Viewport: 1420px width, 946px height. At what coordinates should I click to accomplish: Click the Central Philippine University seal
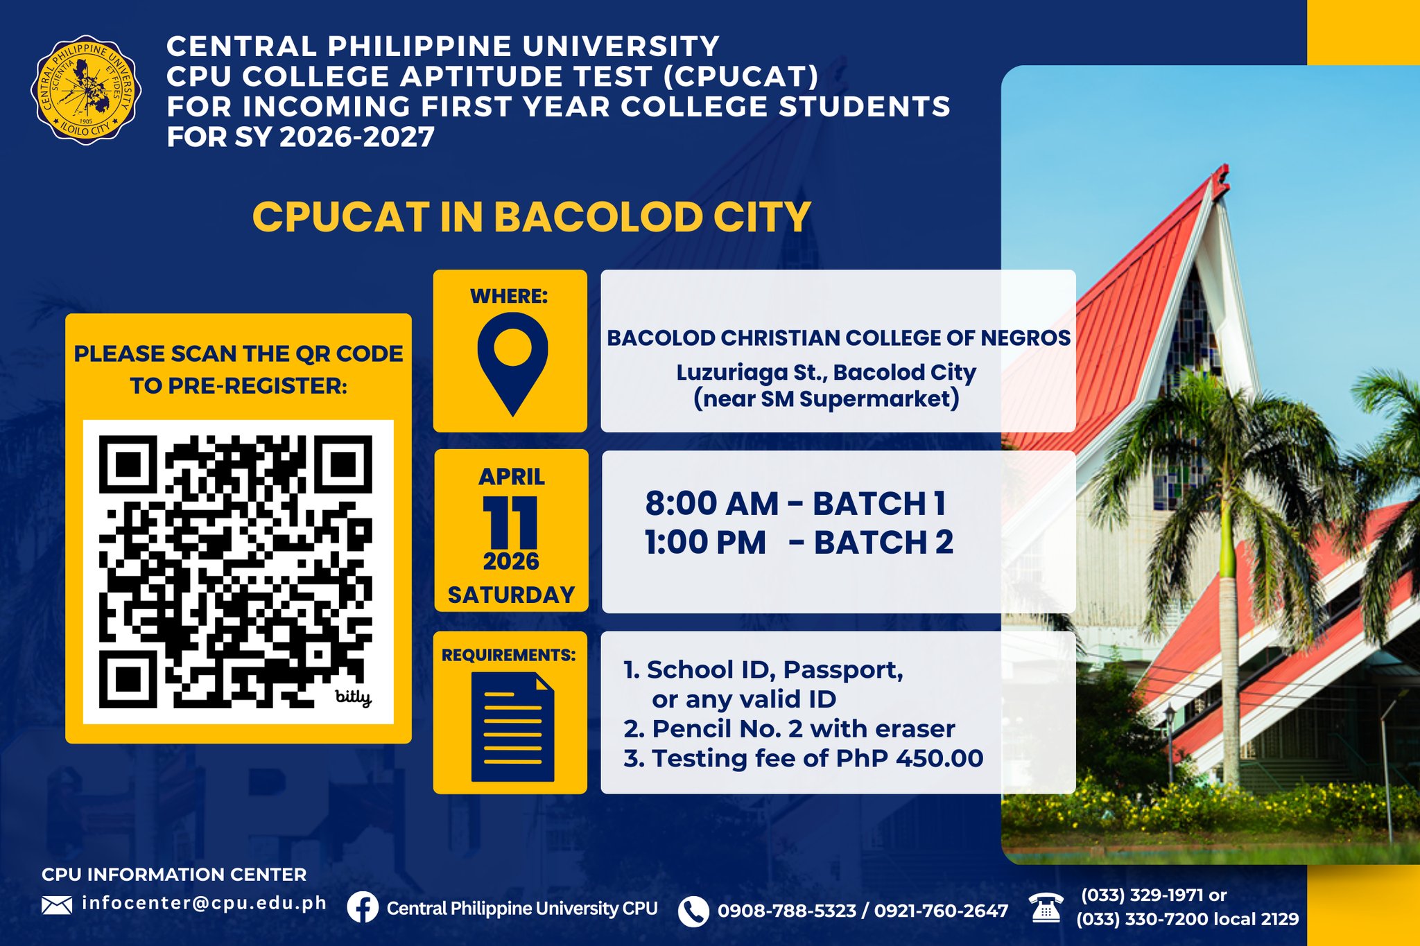click(x=86, y=89)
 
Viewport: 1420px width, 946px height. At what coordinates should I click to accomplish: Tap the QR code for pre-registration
click(x=236, y=572)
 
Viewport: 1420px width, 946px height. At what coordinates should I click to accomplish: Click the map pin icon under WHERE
click(x=512, y=364)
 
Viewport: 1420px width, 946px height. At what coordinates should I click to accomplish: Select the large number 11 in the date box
click(x=510, y=523)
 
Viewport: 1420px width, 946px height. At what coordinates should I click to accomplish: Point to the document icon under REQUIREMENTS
click(x=512, y=727)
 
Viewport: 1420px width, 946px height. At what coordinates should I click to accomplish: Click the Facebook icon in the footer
click(x=363, y=907)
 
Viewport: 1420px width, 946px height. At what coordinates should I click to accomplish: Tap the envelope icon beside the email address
click(x=57, y=905)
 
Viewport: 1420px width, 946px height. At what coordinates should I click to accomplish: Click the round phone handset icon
click(x=693, y=911)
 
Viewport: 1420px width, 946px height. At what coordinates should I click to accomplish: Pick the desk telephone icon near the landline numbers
click(x=1046, y=908)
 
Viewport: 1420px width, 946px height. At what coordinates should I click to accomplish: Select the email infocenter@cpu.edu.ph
click(x=205, y=903)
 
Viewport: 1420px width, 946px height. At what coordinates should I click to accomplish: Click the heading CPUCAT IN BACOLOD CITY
click(x=532, y=217)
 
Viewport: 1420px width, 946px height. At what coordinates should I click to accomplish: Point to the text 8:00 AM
click(x=712, y=504)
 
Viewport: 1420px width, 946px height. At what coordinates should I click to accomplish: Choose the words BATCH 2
click(x=884, y=543)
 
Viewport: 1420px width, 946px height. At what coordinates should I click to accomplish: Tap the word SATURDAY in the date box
click(x=512, y=595)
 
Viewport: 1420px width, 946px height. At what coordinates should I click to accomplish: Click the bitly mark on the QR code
click(x=354, y=697)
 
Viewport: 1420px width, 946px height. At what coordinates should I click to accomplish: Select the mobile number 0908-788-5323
click(x=787, y=911)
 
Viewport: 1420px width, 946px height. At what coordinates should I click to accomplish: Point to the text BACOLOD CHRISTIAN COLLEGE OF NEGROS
click(x=839, y=338)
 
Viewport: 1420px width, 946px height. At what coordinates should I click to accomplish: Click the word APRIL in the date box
click(x=512, y=477)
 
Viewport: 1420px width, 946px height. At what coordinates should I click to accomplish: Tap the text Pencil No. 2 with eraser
click(x=804, y=729)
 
